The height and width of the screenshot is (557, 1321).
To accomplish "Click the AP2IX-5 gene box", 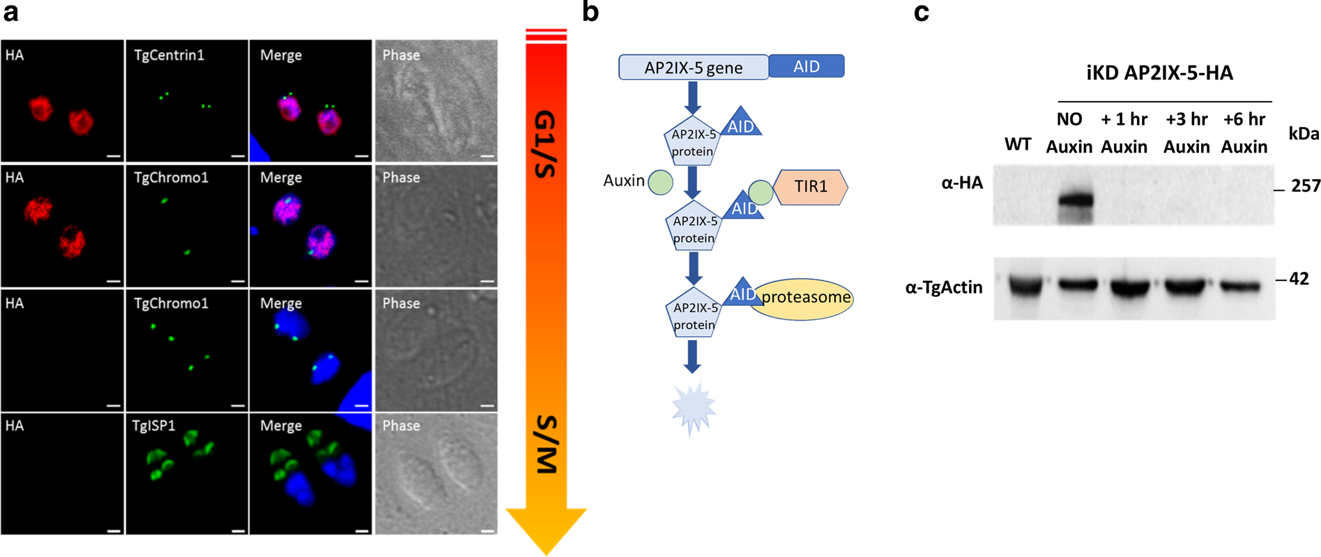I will (x=694, y=67).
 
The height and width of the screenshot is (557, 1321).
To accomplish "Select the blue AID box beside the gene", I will (x=807, y=66).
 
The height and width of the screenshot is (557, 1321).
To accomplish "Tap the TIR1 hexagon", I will (x=811, y=187).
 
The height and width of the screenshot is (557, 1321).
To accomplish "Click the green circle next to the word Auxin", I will (x=660, y=182).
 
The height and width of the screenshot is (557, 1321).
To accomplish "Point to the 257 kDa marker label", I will (x=1305, y=186).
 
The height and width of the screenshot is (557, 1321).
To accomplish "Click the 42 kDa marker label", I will (x=1299, y=279).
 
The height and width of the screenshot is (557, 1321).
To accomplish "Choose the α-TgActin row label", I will (x=944, y=287).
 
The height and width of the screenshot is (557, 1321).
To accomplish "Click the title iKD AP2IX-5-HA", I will (x=1159, y=73).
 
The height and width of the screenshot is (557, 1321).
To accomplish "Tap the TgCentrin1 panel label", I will (x=169, y=55).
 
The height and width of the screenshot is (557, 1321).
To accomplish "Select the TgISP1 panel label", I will (x=153, y=425).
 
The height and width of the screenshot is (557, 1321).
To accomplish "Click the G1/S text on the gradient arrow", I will (x=546, y=144).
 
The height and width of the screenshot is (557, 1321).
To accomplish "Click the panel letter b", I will (x=590, y=13).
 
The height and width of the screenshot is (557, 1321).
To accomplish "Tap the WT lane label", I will (x=1018, y=145).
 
